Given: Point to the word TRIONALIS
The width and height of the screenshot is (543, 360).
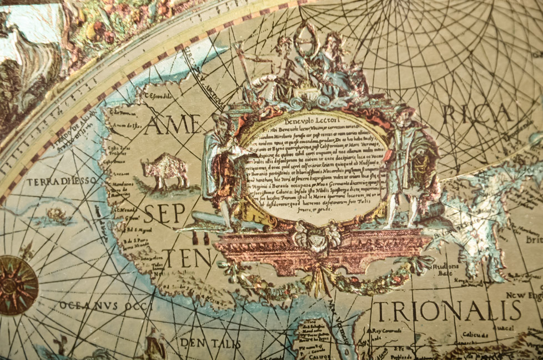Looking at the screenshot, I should pos(447,311).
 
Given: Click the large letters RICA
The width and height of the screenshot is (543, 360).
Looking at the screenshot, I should pos(477,114).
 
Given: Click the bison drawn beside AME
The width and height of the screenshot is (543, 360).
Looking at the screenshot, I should pos(164,170).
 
